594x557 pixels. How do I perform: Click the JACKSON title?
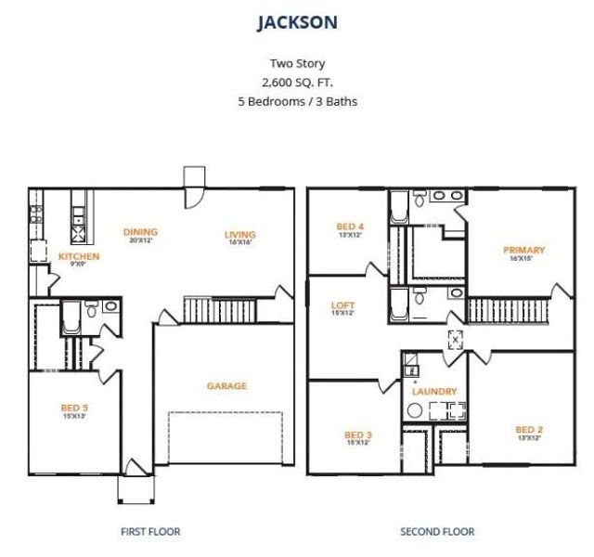click(x=297, y=21)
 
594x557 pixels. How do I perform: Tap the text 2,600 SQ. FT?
click(x=297, y=83)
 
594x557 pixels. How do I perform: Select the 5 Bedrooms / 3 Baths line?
click(x=297, y=101)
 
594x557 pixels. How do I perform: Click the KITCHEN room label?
click(x=79, y=256)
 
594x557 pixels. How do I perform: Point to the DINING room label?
click(x=141, y=232)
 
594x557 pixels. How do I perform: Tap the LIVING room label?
click(x=239, y=235)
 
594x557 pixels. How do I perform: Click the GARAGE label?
click(x=226, y=386)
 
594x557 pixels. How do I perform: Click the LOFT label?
click(x=342, y=305)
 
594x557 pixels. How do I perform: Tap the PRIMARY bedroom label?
click(x=523, y=250)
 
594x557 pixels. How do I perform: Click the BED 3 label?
click(x=357, y=434)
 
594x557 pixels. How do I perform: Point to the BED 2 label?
click(x=529, y=429)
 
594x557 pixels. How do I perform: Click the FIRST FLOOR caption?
click(x=150, y=532)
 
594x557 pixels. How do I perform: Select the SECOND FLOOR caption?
click(x=437, y=532)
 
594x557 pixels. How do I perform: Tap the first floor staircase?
click(x=202, y=310)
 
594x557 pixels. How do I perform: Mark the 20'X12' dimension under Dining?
click(x=141, y=241)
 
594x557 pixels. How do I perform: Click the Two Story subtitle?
click(x=297, y=64)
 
